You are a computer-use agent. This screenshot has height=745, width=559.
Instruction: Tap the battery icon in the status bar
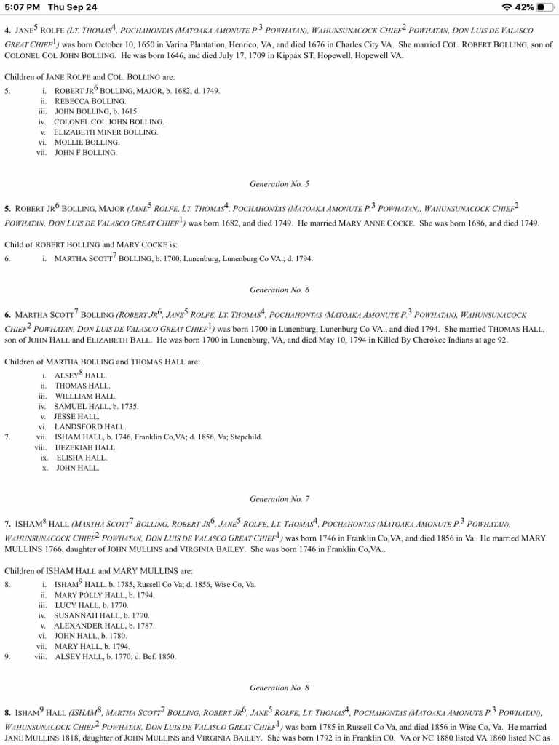[x=545, y=7]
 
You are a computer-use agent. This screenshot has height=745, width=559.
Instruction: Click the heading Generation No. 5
[x=279, y=184]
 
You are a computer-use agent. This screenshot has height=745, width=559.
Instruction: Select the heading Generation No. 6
[x=279, y=290]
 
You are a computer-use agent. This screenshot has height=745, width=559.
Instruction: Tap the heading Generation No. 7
[x=279, y=499]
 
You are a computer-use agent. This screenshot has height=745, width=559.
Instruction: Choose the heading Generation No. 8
[x=279, y=688]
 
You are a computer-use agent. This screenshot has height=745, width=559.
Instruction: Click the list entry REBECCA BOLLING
[x=90, y=101]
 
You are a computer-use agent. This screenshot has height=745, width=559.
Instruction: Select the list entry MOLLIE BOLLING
[x=86, y=143]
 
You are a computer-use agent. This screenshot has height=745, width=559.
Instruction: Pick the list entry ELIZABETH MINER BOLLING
[x=106, y=132]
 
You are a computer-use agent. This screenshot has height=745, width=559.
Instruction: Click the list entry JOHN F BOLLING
[x=86, y=153]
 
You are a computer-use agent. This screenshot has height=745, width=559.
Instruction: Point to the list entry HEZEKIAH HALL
[x=86, y=447]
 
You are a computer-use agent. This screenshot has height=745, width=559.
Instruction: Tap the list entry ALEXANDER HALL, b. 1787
[x=104, y=626]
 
